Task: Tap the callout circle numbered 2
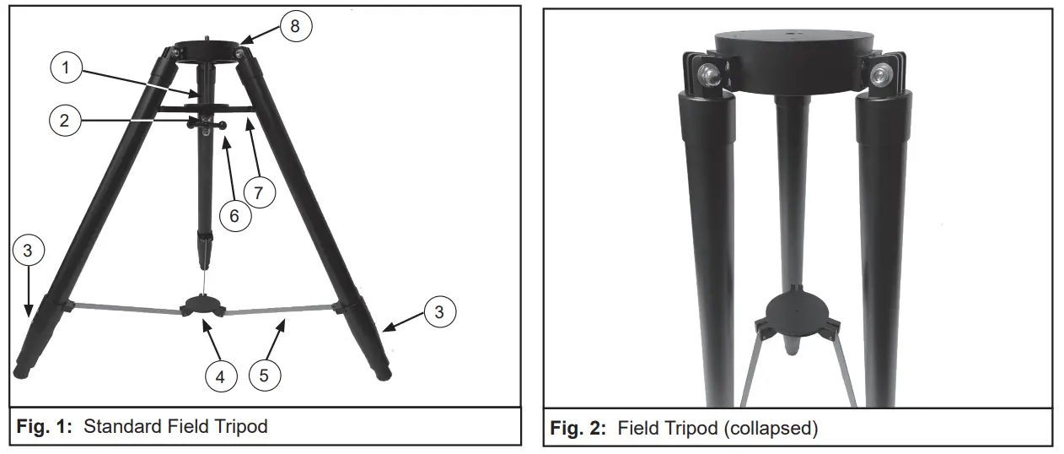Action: point(60,120)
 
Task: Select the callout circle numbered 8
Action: point(294,25)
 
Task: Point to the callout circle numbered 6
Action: point(235,214)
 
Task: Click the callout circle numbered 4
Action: point(220,377)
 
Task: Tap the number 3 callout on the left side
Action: point(29,251)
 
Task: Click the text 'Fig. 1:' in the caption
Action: point(42,427)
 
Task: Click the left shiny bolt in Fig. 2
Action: point(709,75)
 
